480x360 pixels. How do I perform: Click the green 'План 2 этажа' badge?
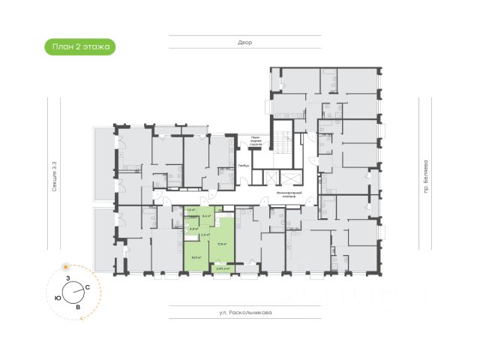[79, 46]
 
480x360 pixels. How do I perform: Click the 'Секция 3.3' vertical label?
[55, 178]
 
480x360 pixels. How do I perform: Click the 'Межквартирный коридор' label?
[288, 193]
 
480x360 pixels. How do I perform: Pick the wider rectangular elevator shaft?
[289, 177]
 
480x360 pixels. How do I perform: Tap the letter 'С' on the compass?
[88, 287]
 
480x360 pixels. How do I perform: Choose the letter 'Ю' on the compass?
[58, 297]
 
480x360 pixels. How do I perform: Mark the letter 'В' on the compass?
[78, 307]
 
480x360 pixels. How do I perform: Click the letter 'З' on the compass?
[67, 278]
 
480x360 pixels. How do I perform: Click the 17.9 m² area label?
[221, 244]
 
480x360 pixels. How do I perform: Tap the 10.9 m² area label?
[196, 257]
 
